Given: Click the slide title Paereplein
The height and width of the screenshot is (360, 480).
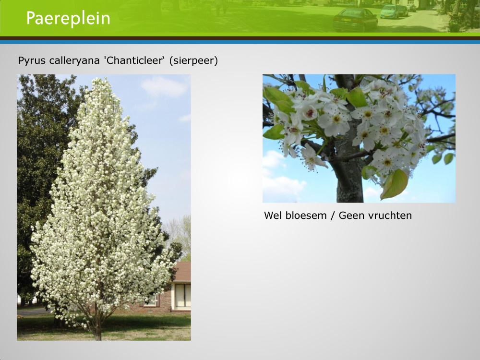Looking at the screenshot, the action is click(68, 18).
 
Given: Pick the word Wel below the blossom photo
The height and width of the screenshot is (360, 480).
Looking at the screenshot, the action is click(273, 215).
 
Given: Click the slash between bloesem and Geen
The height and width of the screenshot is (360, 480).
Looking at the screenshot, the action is click(333, 216).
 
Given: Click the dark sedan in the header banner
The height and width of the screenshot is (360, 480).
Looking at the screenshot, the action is click(355, 20).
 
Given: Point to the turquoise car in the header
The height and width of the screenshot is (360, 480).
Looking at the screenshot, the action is click(389, 12).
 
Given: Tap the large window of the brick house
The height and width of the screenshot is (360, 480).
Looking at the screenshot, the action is click(183, 295).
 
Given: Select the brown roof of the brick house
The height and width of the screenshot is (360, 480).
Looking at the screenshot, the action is click(183, 271).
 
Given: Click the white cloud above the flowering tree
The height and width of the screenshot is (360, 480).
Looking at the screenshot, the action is click(164, 86).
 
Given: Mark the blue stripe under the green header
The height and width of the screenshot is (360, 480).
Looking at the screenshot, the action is click(240, 42).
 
